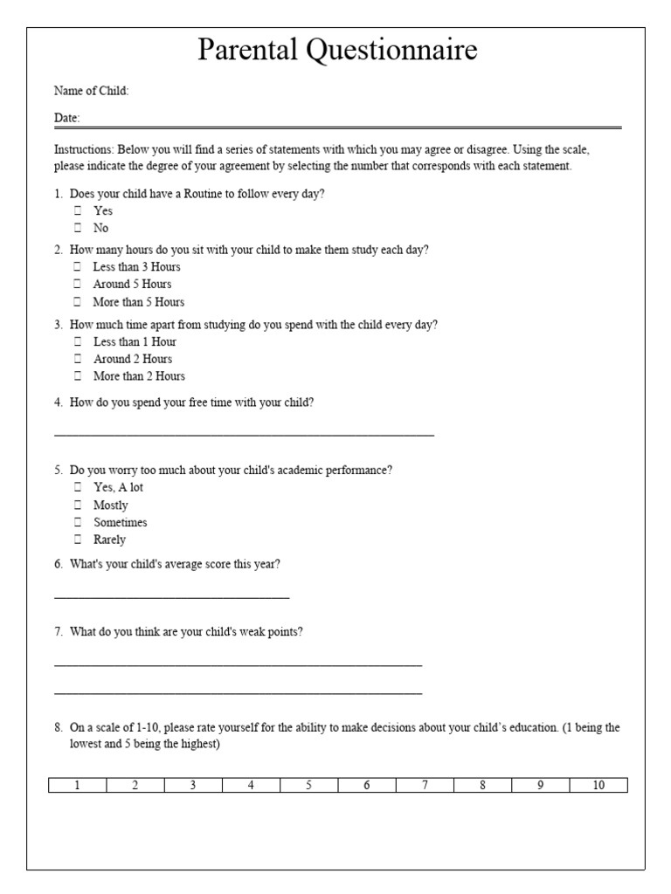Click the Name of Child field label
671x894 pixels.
(91, 91)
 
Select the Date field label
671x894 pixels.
(66, 118)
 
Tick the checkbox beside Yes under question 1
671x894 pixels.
(78, 210)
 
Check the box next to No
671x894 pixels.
(78, 228)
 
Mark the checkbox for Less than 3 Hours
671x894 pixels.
(78, 267)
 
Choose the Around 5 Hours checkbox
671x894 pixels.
(78, 285)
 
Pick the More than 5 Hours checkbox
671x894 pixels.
(78, 302)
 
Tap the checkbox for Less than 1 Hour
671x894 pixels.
(78, 341)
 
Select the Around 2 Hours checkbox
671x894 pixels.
(78, 359)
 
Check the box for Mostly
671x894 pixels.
(78, 505)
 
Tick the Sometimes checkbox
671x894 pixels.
(78, 523)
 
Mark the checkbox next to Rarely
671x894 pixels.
(78, 540)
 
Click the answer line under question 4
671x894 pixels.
(244, 433)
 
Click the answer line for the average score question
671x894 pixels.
(171, 597)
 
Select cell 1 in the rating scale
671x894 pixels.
(77, 785)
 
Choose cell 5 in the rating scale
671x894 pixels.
(308, 785)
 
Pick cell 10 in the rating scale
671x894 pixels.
(598, 785)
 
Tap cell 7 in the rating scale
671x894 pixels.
(425, 785)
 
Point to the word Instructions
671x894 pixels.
(83, 149)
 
